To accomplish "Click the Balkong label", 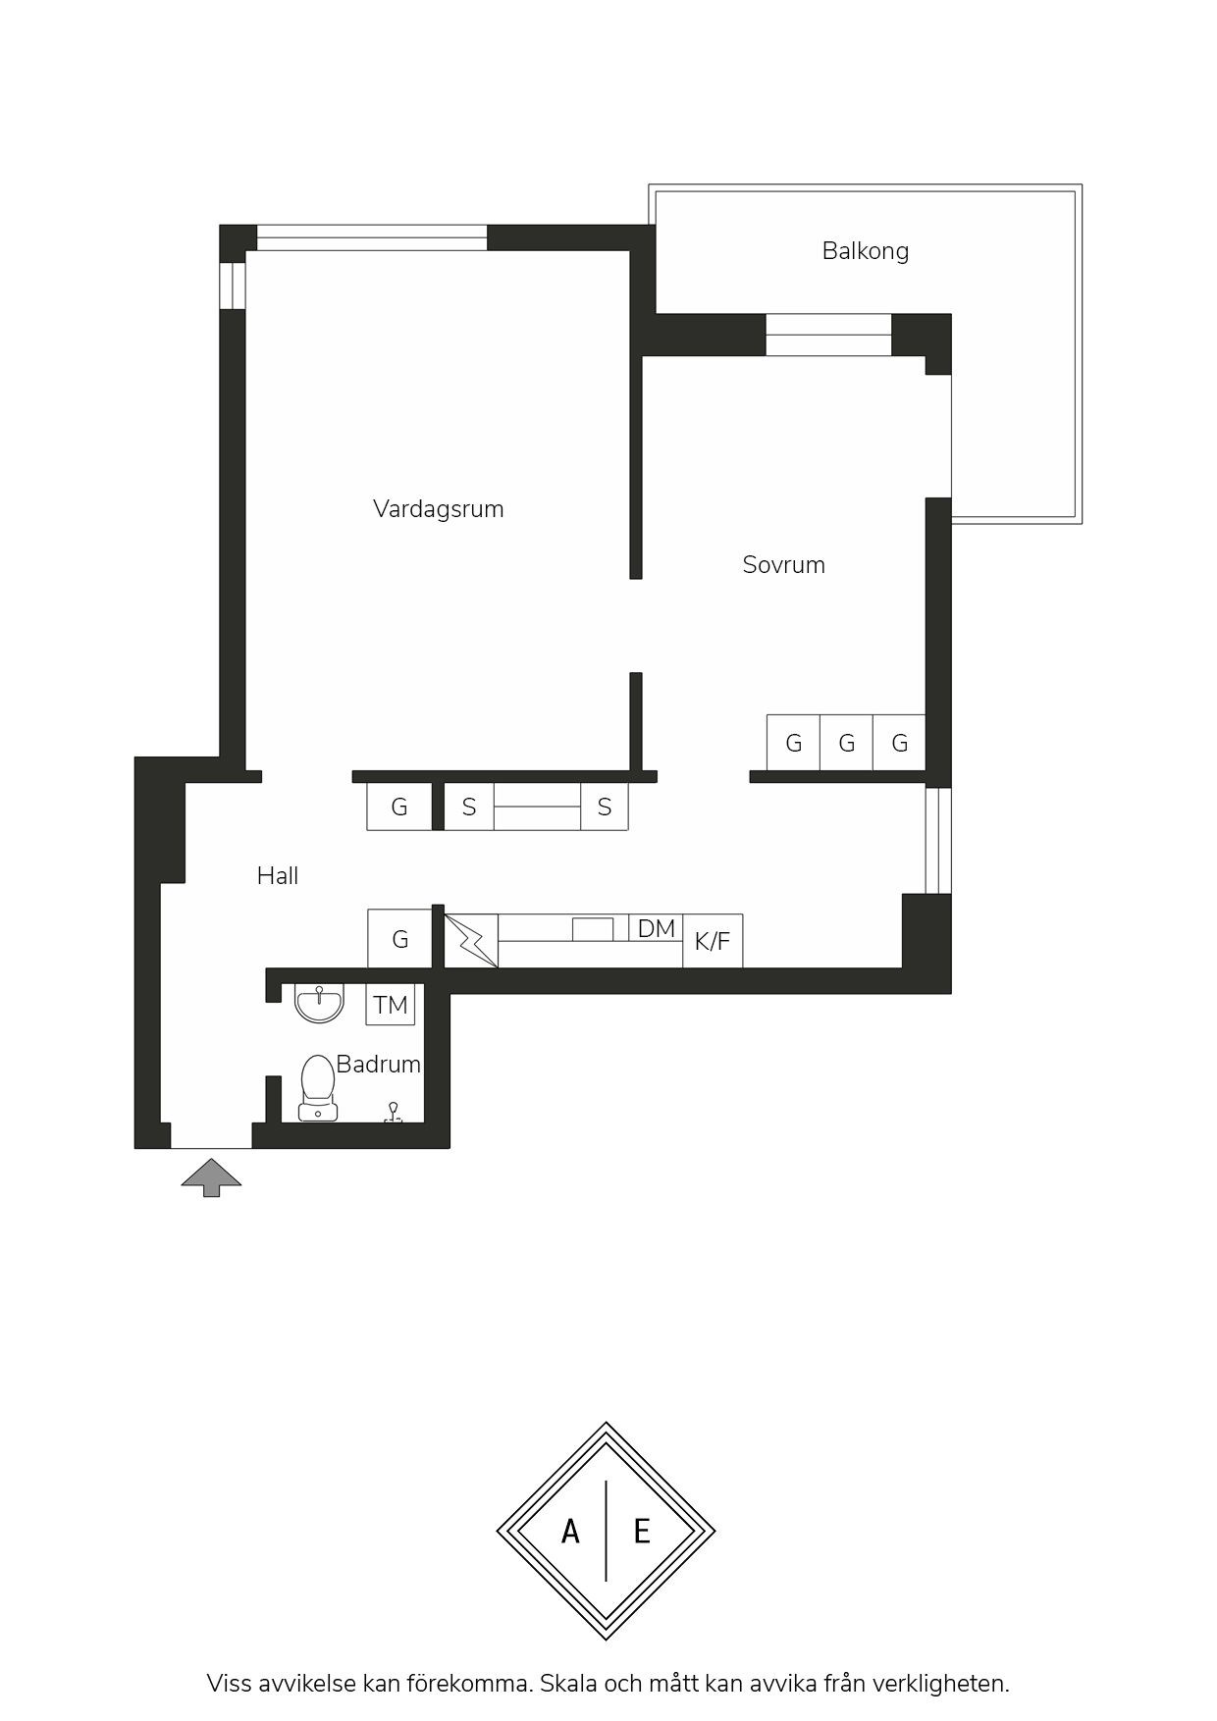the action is click(x=865, y=251).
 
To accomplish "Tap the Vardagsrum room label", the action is click(x=438, y=509).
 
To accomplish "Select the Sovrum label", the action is click(x=783, y=565).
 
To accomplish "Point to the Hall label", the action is click(x=278, y=876).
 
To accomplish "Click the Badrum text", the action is click(x=378, y=1065).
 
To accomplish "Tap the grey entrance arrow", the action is click(x=211, y=1176).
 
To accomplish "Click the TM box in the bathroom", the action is click(x=391, y=1005).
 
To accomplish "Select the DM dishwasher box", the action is click(x=656, y=928).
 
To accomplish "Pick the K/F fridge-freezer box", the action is click(x=713, y=941).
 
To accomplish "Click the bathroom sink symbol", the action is click(x=319, y=1003).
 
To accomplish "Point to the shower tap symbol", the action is click(x=393, y=1112).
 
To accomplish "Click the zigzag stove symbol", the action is click(x=471, y=941).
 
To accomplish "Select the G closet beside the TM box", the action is click(x=399, y=939).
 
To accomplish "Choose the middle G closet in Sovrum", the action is click(x=846, y=743).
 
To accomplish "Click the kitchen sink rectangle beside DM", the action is click(x=593, y=929).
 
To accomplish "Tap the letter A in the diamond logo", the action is click(x=570, y=1531).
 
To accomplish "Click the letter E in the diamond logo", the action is click(x=642, y=1531).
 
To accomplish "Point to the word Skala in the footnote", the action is click(x=567, y=1684).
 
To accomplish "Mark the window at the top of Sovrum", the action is click(x=828, y=335).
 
